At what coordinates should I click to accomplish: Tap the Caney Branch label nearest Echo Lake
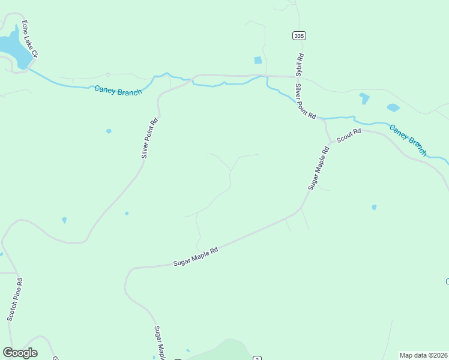118,91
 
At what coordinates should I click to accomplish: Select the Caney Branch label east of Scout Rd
408,139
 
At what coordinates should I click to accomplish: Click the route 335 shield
300,36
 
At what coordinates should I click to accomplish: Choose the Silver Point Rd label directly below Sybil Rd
305,101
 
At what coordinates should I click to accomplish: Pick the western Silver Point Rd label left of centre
149,138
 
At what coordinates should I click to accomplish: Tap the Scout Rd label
348,136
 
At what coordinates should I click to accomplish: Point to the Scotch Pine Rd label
15,299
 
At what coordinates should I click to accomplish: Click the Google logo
20,353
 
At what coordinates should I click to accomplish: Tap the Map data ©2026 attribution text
423,355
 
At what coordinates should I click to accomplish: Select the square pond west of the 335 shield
258,60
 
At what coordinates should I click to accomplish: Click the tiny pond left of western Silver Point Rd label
109,131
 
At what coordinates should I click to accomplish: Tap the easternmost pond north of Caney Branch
393,107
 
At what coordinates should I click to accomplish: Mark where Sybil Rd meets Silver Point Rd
297,77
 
